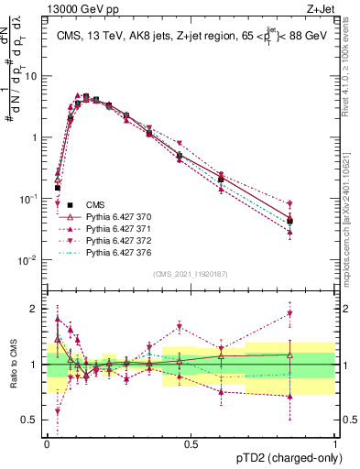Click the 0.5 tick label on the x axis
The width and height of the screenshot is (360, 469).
point(191,444)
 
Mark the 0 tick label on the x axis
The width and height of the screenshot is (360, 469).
point(47,444)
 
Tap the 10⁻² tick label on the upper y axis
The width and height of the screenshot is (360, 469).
point(30,259)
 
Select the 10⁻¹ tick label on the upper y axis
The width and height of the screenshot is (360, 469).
point(30,198)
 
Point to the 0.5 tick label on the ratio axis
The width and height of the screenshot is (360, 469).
point(32,420)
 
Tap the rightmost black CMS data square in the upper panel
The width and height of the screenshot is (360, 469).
point(289,221)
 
